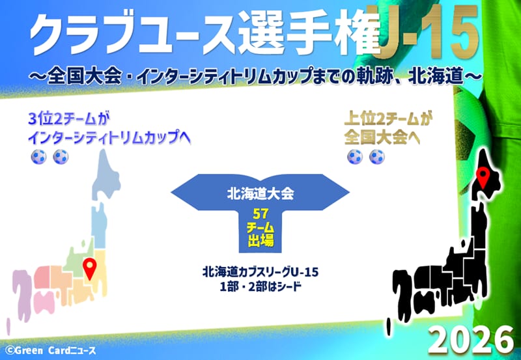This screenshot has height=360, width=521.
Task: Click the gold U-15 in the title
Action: (429, 33)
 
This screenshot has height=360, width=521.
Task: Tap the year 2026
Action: (472, 339)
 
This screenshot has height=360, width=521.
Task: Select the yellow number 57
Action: (260, 214)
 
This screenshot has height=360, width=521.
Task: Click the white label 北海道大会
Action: (260, 193)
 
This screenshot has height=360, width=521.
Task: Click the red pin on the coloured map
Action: (89, 268)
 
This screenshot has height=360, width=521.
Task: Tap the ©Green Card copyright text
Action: (51, 351)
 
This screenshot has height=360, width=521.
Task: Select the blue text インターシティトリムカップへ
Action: (109, 137)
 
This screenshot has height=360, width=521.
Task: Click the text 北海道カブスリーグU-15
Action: (260, 272)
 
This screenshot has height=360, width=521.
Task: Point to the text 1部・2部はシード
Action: (260, 286)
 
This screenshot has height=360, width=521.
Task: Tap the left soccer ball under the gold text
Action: (355, 156)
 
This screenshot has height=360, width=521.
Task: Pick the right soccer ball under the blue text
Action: (61, 156)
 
